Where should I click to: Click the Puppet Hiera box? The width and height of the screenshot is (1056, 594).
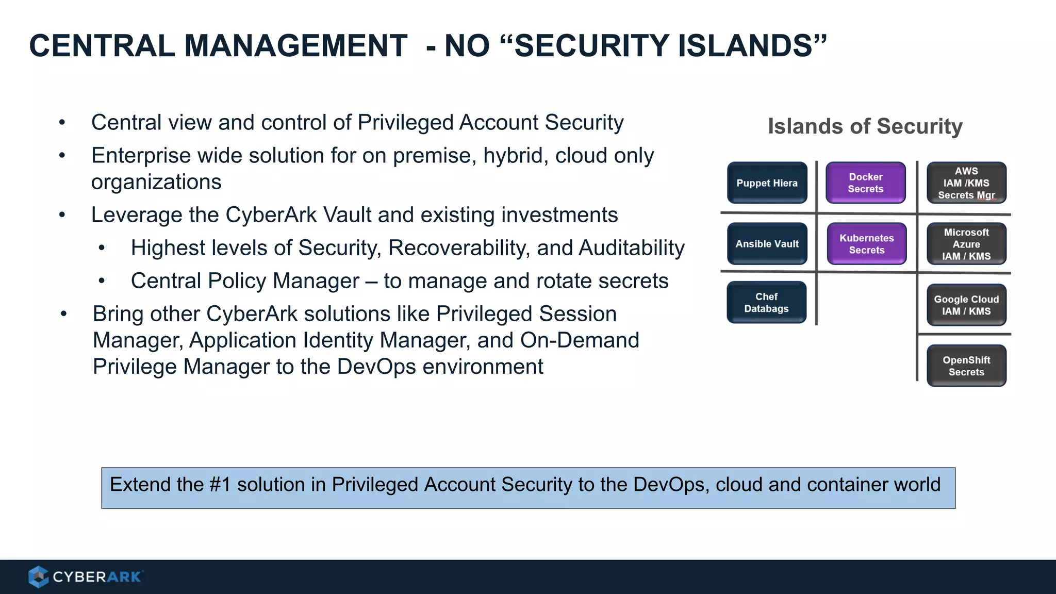767,183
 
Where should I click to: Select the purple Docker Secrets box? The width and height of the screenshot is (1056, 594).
866,183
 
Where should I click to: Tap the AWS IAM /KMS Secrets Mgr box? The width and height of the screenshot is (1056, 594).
966,183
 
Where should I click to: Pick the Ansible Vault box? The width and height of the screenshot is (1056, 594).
767,244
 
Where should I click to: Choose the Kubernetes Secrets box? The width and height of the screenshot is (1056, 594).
866,244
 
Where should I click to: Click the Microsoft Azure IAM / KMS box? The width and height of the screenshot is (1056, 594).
966,244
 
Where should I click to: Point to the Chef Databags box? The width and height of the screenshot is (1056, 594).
766,303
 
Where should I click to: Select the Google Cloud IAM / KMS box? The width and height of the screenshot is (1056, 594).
966,305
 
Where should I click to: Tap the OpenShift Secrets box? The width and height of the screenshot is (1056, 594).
966,366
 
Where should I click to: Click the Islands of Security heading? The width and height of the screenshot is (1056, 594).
865,126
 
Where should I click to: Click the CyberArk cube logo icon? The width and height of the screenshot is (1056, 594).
38,576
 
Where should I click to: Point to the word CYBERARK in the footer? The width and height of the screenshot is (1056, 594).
97,577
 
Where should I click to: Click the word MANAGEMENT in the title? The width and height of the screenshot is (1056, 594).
295,45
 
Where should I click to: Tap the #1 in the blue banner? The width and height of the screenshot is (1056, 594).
220,485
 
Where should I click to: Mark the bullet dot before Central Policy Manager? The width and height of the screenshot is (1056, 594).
102,281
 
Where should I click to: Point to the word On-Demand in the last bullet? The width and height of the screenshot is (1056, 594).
580,340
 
